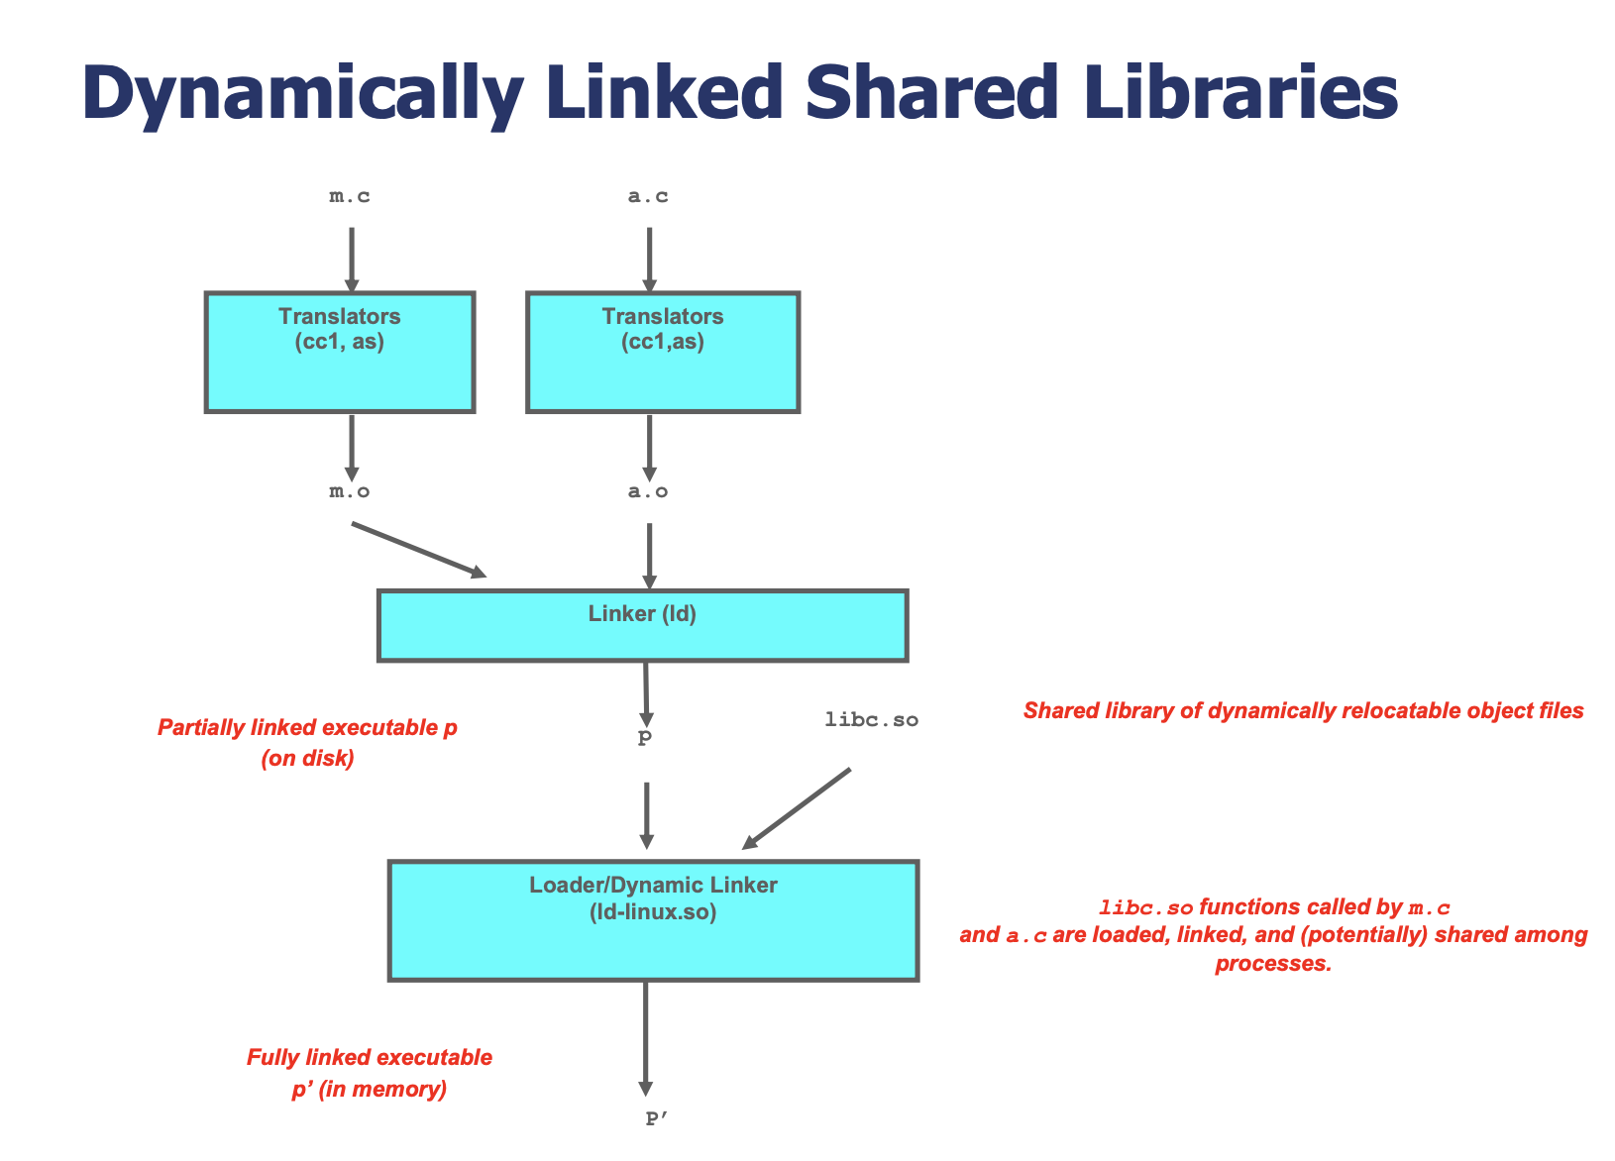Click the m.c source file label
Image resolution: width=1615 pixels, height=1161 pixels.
350,196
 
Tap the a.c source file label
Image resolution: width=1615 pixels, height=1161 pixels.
648,196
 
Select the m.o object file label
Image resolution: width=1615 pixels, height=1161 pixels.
350,491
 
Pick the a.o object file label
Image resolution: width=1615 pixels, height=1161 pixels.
648,491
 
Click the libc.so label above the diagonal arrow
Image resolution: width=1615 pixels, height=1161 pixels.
872,719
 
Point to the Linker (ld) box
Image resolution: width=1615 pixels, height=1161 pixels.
642,625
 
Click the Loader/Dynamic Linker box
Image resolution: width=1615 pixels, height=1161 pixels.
653,920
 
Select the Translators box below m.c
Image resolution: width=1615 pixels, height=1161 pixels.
340,352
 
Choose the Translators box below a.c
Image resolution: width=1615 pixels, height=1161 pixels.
663,352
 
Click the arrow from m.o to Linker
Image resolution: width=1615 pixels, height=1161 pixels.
419,550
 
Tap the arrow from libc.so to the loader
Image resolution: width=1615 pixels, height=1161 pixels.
796,808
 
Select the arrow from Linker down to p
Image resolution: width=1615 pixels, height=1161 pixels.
646,694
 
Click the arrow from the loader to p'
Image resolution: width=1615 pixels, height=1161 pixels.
645,1039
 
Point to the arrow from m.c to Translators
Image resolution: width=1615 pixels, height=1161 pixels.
352,261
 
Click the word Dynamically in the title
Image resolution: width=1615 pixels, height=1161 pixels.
303,93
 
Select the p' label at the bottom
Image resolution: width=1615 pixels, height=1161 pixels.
656,1117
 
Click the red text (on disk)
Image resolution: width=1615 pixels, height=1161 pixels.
308,758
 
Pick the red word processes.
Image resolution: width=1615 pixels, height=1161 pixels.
1273,964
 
